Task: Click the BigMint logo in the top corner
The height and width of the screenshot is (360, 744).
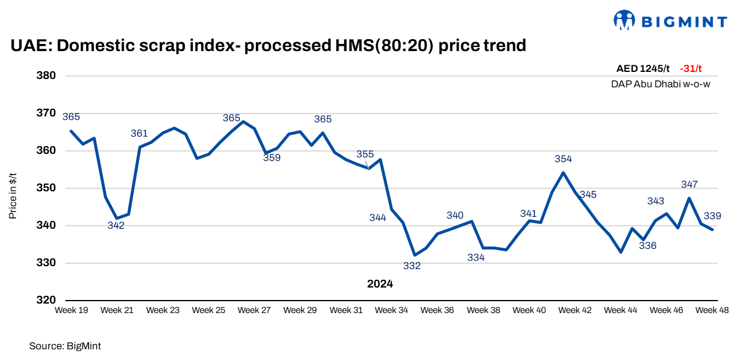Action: (x=670, y=21)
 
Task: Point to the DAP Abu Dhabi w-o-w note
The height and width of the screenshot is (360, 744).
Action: (x=660, y=84)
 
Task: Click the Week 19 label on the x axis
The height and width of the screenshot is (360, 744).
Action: (x=71, y=310)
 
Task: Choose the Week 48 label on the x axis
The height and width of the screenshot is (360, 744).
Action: (x=711, y=310)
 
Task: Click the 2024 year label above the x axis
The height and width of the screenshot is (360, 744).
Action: (x=380, y=284)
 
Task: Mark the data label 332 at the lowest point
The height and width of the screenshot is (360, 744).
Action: (x=411, y=266)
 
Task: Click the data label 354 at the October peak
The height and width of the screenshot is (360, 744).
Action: (x=563, y=159)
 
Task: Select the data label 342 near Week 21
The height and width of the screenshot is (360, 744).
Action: (x=116, y=225)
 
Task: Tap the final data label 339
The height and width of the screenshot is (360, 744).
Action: (x=712, y=216)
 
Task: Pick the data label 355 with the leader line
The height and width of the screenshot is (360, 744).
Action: (x=365, y=154)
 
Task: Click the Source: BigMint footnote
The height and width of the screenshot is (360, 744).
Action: (x=61, y=345)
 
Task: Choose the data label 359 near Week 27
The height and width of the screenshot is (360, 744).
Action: (x=272, y=158)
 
